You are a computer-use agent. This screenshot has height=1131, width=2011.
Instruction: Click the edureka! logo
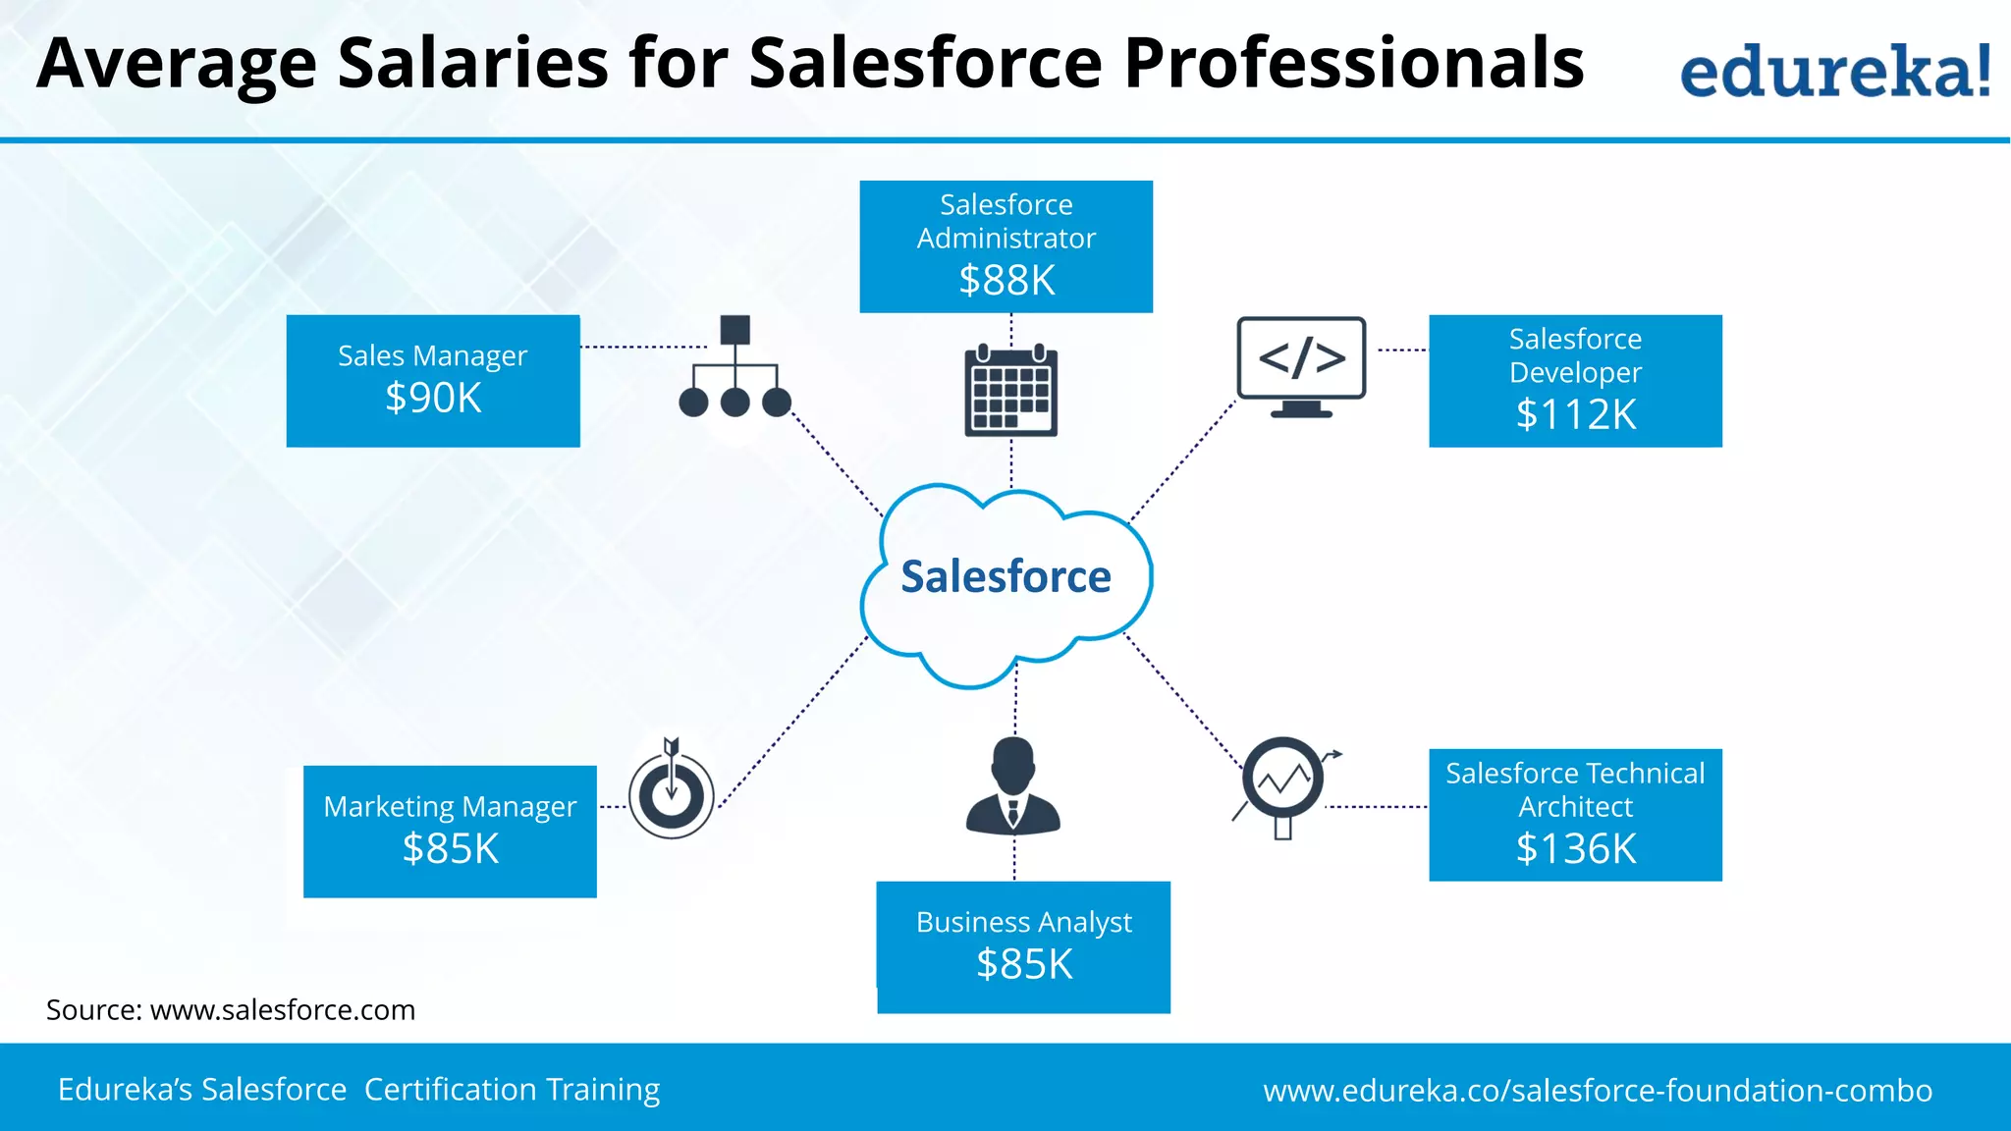(x=1835, y=71)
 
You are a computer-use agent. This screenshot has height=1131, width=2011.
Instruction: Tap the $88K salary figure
(x=1006, y=281)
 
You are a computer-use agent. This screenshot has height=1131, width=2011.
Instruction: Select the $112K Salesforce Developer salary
(x=1575, y=414)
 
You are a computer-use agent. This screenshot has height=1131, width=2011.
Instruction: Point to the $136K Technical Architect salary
(x=1575, y=848)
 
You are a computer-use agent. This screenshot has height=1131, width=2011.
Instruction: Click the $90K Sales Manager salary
(x=433, y=398)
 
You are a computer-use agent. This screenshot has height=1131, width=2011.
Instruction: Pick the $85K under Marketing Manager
(x=451, y=848)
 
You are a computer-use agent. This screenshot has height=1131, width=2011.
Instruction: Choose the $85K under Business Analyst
(x=1024, y=964)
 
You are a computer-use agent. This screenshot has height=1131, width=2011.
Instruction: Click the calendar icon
(x=1010, y=390)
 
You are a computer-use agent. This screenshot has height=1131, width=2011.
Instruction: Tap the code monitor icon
(x=1301, y=366)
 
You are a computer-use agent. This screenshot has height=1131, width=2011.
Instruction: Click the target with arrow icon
(x=672, y=789)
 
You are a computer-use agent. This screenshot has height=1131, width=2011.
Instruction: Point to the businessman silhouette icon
(x=1012, y=786)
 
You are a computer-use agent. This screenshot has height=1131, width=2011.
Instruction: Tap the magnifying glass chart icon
(x=1284, y=785)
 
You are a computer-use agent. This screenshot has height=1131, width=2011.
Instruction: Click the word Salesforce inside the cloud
(x=1005, y=576)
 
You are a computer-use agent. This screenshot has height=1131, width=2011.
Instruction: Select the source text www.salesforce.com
(x=283, y=1010)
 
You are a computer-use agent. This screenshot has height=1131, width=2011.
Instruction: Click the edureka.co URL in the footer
(x=1598, y=1091)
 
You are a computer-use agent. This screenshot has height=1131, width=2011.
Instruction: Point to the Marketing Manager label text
(x=450, y=806)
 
